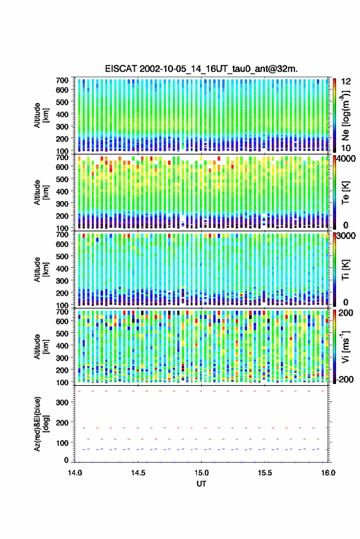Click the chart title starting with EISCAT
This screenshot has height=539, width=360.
pyautogui.click(x=202, y=69)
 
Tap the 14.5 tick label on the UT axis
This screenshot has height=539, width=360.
pyautogui.click(x=138, y=473)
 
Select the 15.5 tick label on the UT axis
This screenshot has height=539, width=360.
pyautogui.click(x=264, y=473)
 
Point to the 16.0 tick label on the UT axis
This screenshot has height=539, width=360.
pyautogui.click(x=328, y=473)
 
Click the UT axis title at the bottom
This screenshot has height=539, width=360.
pyautogui.click(x=201, y=484)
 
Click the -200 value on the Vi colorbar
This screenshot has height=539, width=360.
pyautogui.click(x=345, y=379)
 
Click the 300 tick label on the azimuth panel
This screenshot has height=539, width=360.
pyautogui.click(x=62, y=402)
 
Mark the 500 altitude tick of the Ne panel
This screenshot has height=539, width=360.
pyautogui.click(x=62, y=102)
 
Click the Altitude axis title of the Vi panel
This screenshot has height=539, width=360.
pyautogui.click(x=41, y=346)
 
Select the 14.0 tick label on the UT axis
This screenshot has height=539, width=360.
pyautogui.click(x=75, y=473)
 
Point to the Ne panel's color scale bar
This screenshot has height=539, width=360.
pyautogui.click(x=335, y=115)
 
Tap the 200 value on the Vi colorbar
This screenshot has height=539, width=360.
pyautogui.click(x=346, y=313)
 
